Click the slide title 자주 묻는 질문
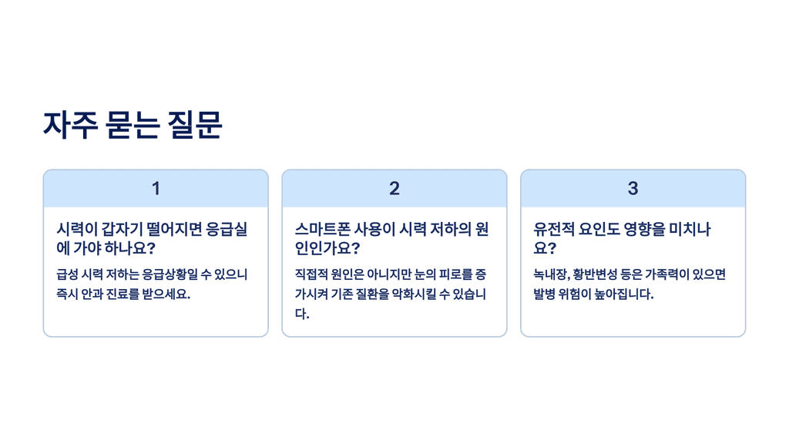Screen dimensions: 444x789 click(133, 125)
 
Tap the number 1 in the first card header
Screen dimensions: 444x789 click(156, 189)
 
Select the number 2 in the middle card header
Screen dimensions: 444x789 click(394, 189)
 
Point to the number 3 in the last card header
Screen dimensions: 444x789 click(633, 189)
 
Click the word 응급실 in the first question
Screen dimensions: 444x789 click(232, 230)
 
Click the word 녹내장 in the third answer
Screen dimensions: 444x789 click(551, 274)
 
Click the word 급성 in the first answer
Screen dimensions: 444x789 click(67, 274)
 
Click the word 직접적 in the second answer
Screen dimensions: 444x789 click(312, 274)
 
